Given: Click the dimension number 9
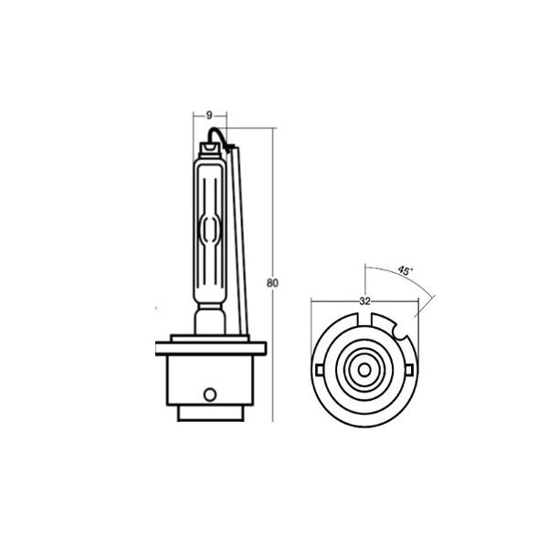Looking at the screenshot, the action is pyautogui.click(x=209, y=115).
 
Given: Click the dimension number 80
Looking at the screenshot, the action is pyautogui.click(x=272, y=283).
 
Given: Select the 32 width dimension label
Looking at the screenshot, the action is pyautogui.click(x=364, y=300).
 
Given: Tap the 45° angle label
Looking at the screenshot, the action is pyautogui.click(x=405, y=270).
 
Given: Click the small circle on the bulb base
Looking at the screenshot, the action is pyautogui.click(x=210, y=395).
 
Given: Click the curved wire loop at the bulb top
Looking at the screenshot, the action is pyautogui.click(x=217, y=136).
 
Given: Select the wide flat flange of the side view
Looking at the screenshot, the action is pyautogui.click(x=211, y=349).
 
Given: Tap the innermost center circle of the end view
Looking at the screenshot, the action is pyautogui.click(x=364, y=370).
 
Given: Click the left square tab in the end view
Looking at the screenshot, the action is pyautogui.click(x=320, y=370).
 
